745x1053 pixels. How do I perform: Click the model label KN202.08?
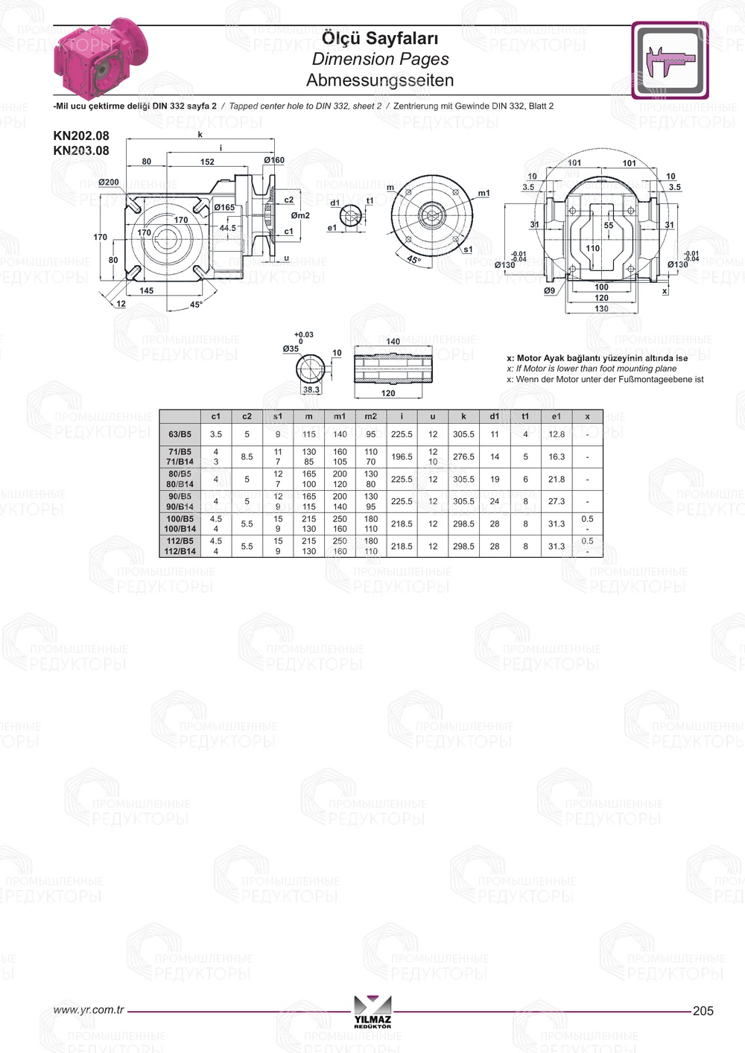pos(80,136)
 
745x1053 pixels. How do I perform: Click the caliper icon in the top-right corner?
pos(670,61)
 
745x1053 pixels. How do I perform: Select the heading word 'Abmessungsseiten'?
pos(379,80)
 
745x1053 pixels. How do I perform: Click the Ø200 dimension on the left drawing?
pos(108,182)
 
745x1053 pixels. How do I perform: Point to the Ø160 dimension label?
pos(274,160)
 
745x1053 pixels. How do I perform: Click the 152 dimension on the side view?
pos(207,162)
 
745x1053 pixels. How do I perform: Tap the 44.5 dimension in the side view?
pos(228,229)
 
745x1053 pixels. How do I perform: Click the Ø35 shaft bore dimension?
pos(291,349)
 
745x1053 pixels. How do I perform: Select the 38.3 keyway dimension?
pos(311,389)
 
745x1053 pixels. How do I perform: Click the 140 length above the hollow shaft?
pos(393,342)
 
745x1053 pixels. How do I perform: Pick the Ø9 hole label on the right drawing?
pos(549,291)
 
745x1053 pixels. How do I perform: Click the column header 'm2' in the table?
pos(371,416)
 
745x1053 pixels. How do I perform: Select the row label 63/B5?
pos(180,434)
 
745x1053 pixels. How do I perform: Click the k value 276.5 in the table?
pos(463,456)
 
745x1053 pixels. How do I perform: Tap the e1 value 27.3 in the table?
pos(557,501)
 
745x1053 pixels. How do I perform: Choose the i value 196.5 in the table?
pos(402,456)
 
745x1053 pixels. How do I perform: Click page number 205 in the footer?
pos(703,1011)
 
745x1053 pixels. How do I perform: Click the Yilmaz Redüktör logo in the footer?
pos(372,1011)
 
